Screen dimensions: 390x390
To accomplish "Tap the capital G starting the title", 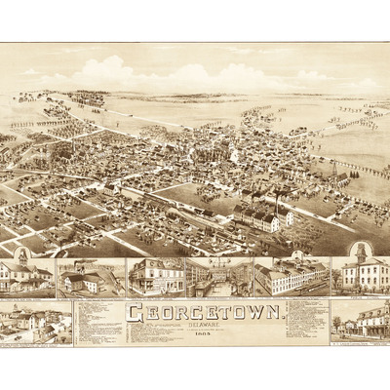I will (x=133, y=315).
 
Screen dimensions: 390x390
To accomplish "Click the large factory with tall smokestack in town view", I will (x=261, y=214).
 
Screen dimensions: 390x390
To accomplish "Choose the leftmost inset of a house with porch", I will (x=26, y=277).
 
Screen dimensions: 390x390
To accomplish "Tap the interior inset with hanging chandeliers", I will (x=218, y=277).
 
